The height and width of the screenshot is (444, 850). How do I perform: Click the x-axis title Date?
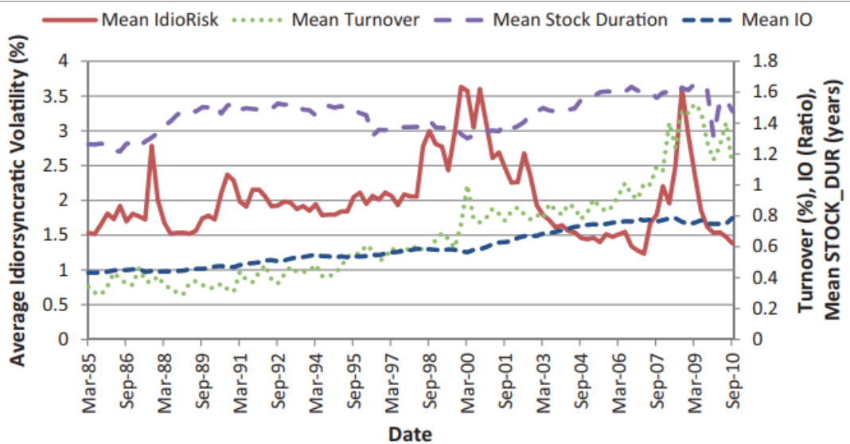411,433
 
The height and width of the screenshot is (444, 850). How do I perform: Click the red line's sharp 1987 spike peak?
151,146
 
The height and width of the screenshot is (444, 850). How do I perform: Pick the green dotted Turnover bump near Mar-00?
467,189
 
